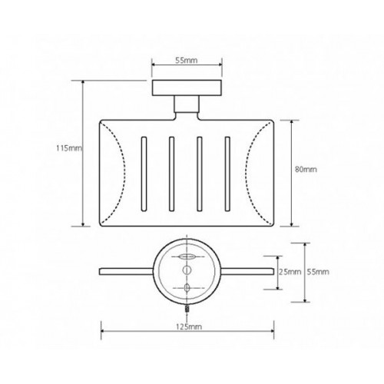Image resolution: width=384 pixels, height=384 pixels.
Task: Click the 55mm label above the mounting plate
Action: pos(187,61)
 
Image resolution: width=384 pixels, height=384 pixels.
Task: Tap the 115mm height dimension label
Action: pos(69,148)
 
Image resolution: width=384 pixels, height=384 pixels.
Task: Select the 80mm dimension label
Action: pos(306,170)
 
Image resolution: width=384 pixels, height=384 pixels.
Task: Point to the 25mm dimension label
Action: pos(290,272)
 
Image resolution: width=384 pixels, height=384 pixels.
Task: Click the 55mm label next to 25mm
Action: pos(318,272)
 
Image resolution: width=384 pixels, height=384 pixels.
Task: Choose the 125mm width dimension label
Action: pos(189,327)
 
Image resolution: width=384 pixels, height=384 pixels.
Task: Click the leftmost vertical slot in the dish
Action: pos(144,174)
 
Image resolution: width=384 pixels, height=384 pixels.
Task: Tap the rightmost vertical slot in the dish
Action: pos(227,174)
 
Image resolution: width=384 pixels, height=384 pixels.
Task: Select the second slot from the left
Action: pos(172,174)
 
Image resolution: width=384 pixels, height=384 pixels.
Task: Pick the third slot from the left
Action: pos(200,174)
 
